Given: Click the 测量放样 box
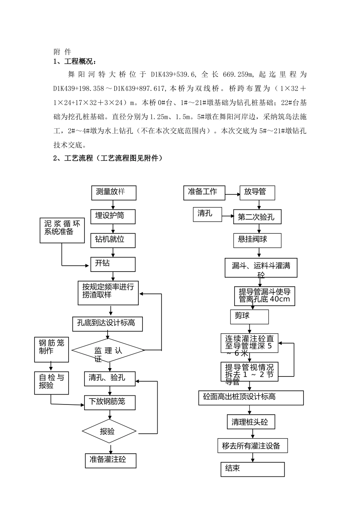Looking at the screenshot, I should [114, 193].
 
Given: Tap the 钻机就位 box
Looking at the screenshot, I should [113, 240].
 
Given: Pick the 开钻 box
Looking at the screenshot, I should [113, 264].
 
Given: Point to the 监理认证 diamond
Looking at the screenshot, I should [108, 350].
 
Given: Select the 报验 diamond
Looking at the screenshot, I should [109, 431].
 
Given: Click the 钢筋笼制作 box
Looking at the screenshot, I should [52, 350].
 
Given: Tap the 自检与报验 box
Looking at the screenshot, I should [52, 383].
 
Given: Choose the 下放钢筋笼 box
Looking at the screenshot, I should [110, 402].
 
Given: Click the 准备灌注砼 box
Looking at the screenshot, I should [110, 461].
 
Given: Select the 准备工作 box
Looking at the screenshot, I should [204, 193].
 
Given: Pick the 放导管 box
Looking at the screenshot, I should [257, 193].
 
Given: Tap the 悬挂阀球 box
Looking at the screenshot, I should [257, 240].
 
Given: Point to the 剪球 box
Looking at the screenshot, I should [249, 317].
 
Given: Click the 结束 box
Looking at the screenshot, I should [252, 469].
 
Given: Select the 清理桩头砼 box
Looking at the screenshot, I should [251, 422].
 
